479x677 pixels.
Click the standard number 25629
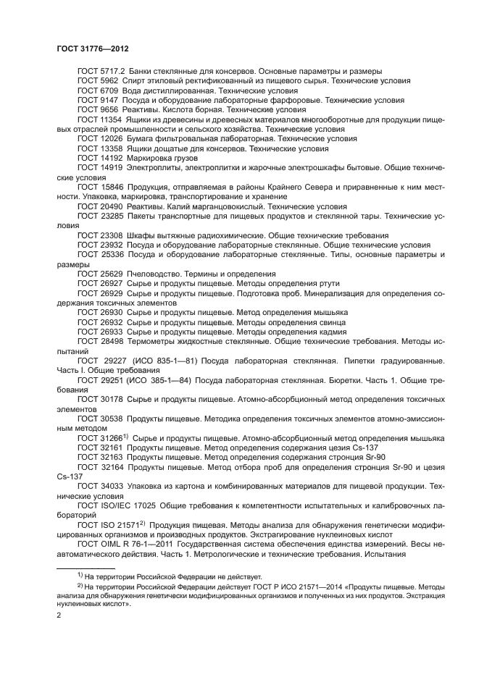(x=111, y=274)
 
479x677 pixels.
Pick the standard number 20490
(x=111, y=206)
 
